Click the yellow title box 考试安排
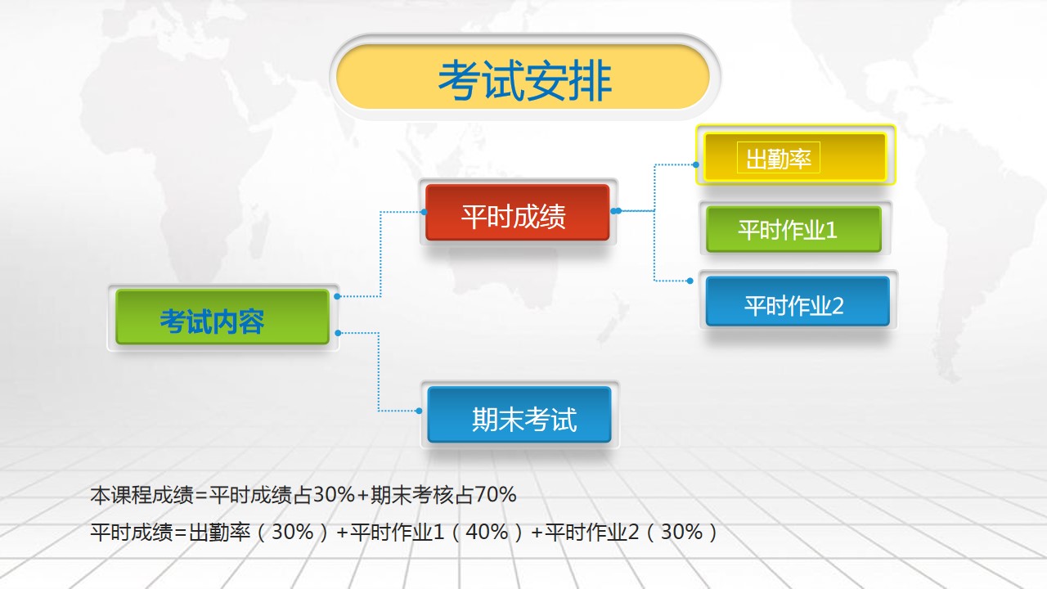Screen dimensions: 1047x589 pos(523,77)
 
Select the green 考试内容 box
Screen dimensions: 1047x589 pos(222,317)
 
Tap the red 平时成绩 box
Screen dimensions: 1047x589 pos(518,213)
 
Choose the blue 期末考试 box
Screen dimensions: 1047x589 pos(519,415)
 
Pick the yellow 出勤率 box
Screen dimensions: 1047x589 pos(796,157)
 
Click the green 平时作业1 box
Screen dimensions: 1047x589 pos(794,229)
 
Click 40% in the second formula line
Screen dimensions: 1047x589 pos(487,532)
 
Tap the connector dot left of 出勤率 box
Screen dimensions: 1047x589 pos(696,164)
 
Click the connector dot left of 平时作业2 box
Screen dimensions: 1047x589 pos(690,281)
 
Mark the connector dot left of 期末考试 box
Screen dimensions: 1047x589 pos(419,411)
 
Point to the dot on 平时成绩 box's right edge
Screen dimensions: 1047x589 pos(617,211)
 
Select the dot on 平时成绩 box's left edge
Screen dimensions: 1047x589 pos(424,212)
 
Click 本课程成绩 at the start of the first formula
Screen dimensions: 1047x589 pos(142,495)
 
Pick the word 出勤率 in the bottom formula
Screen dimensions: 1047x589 pos(220,533)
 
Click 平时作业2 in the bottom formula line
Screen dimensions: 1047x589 pos(591,533)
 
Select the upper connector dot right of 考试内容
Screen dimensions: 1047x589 pos(338,296)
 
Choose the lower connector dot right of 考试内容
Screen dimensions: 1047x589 pos(339,333)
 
